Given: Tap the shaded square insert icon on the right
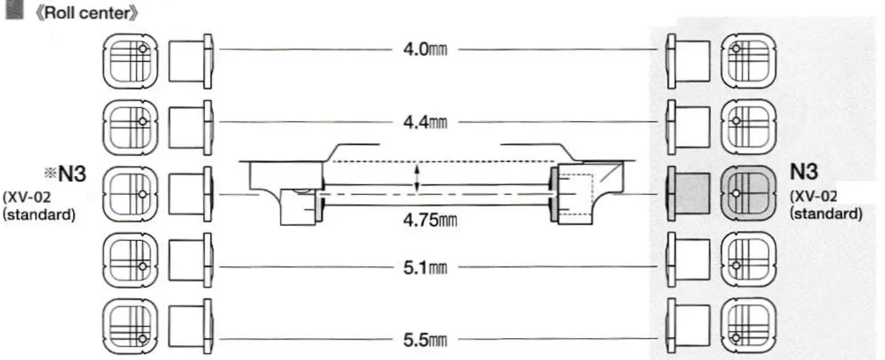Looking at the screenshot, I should [748, 193].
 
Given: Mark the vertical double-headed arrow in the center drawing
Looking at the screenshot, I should [417, 177].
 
